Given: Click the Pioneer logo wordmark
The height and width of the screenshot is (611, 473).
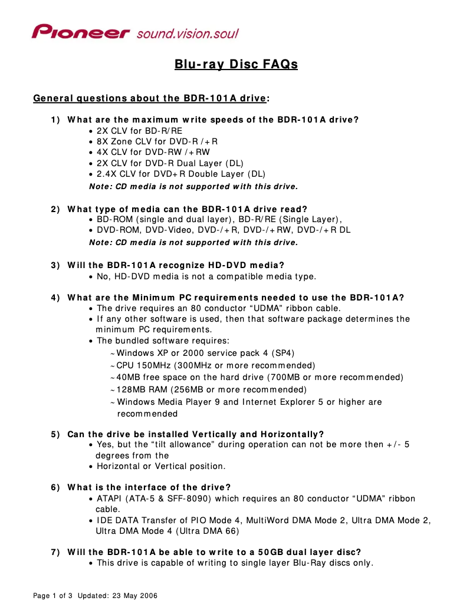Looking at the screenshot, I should tap(81, 32).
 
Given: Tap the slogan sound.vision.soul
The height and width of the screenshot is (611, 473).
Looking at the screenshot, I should tap(187, 33).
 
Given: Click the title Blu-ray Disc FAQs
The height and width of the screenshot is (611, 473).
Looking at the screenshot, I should tap(236, 64).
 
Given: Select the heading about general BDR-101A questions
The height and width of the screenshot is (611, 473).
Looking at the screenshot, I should tap(152, 98).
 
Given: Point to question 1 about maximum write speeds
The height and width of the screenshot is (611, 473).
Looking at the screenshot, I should tap(213, 120).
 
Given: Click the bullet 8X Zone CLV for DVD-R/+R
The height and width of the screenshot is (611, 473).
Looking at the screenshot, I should tap(157, 141).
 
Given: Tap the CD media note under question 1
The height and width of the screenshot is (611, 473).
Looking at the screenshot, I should tap(193, 187).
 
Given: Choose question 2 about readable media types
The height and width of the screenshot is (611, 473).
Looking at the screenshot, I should tap(188, 209).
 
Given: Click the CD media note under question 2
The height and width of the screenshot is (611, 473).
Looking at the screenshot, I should tap(193, 242).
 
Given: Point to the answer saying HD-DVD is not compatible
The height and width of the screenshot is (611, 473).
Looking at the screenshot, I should tap(206, 276).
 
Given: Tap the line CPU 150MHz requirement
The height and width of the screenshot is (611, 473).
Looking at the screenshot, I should tap(215, 365).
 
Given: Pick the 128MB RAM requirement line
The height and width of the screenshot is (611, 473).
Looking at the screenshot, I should tap(211, 389).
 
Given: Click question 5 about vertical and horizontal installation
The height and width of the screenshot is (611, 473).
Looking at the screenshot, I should tap(196, 434).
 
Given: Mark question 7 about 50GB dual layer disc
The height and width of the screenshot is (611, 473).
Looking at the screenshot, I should tap(214, 552).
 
